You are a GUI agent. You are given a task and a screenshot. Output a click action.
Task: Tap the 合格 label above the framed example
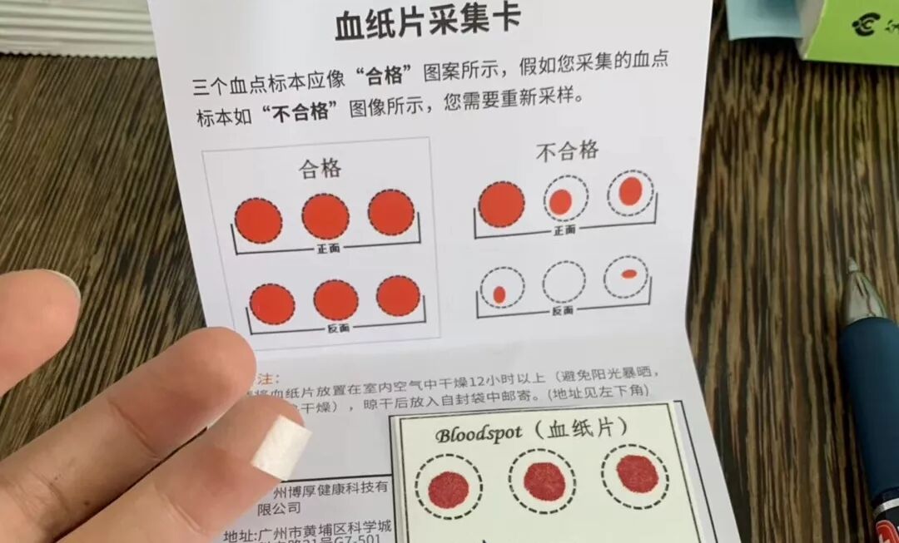point(320,169)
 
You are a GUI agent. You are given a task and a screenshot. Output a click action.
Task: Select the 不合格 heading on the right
point(567,151)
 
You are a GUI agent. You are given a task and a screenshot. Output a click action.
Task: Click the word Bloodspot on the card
point(478,434)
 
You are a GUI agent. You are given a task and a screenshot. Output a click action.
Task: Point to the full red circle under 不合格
point(501,204)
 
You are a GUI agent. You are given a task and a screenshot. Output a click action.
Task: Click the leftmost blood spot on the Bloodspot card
point(448,488)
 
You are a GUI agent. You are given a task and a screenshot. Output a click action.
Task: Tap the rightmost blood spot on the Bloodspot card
point(637,473)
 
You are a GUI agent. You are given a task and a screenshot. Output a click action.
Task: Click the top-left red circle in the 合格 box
point(258,220)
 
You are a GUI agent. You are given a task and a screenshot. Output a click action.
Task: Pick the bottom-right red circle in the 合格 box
point(398,296)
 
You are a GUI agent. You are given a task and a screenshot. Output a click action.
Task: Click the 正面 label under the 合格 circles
point(327,249)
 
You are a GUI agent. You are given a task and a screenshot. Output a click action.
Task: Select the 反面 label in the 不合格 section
point(563,310)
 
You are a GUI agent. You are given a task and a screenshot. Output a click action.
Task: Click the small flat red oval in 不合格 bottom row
point(628,273)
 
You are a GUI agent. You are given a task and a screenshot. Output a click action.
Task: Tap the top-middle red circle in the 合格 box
point(325,216)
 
